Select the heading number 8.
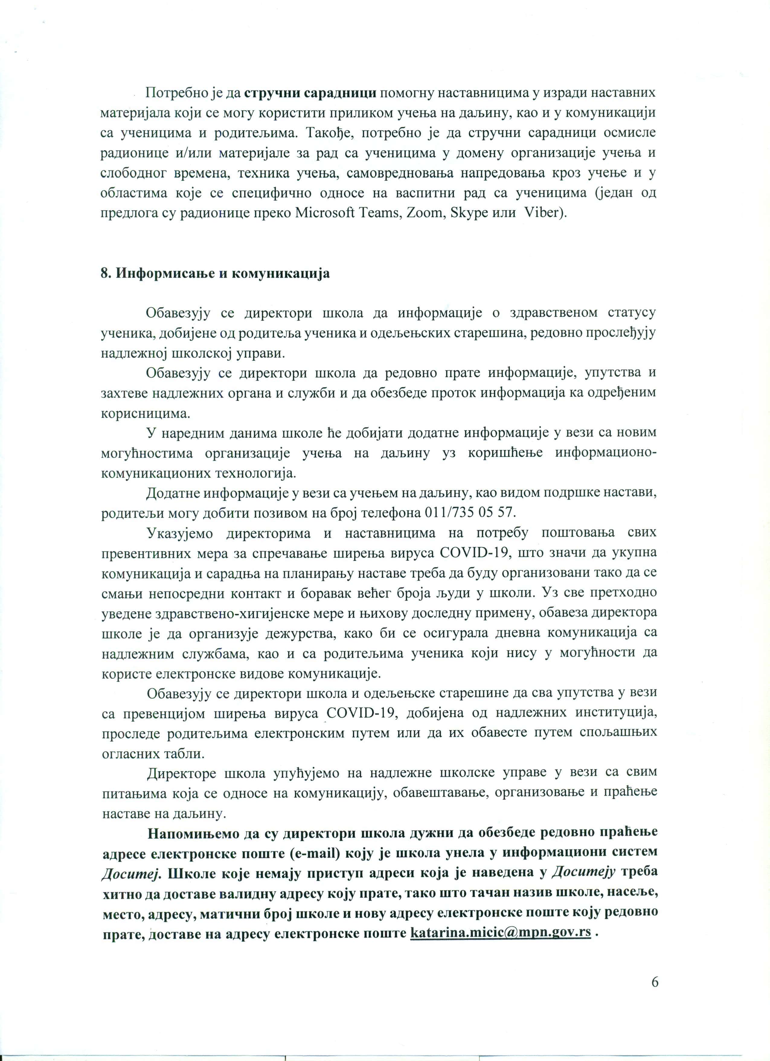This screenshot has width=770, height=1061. (105, 274)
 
